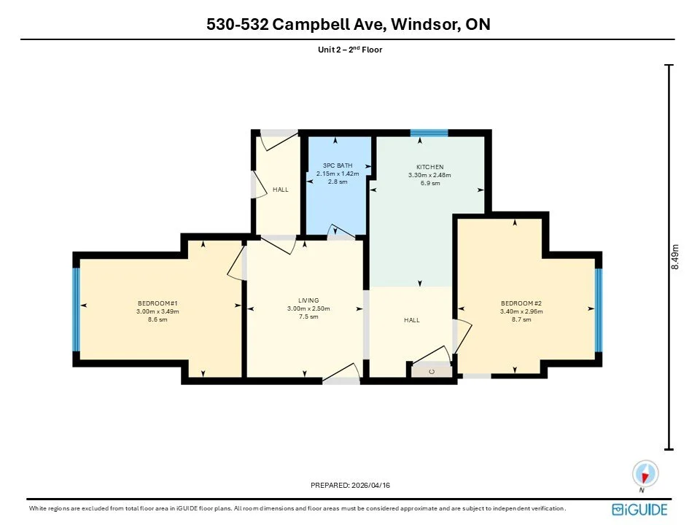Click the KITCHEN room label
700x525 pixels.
pyautogui.click(x=430, y=167)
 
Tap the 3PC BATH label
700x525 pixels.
pyautogui.click(x=338, y=166)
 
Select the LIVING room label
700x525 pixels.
pyautogui.click(x=308, y=300)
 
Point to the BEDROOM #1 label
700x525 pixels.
pyautogui.click(x=157, y=303)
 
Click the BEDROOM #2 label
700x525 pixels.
pyautogui.click(x=521, y=303)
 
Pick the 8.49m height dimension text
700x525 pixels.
pyautogui.click(x=675, y=257)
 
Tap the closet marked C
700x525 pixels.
pyautogui.click(x=432, y=371)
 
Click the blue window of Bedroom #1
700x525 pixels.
pyautogui.click(x=77, y=309)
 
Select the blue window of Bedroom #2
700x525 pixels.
pyautogui.click(x=599, y=309)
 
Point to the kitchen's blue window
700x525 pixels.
pyautogui.click(x=429, y=133)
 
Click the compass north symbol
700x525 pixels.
pyautogui.click(x=645, y=475)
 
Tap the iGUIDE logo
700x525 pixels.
pyautogui.click(x=639, y=510)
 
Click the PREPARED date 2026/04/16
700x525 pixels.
pyautogui.click(x=370, y=486)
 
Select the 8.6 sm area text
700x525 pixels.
pyautogui.click(x=157, y=319)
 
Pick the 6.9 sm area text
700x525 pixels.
pyautogui.click(x=430, y=183)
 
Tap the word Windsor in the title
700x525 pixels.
pyautogui.click(x=425, y=24)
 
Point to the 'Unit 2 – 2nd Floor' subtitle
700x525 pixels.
pyautogui.click(x=350, y=50)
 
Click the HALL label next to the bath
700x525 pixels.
pyautogui.click(x=281, y=190)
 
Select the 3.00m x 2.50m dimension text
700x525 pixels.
pyautogui.click(x=308, y=308)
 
